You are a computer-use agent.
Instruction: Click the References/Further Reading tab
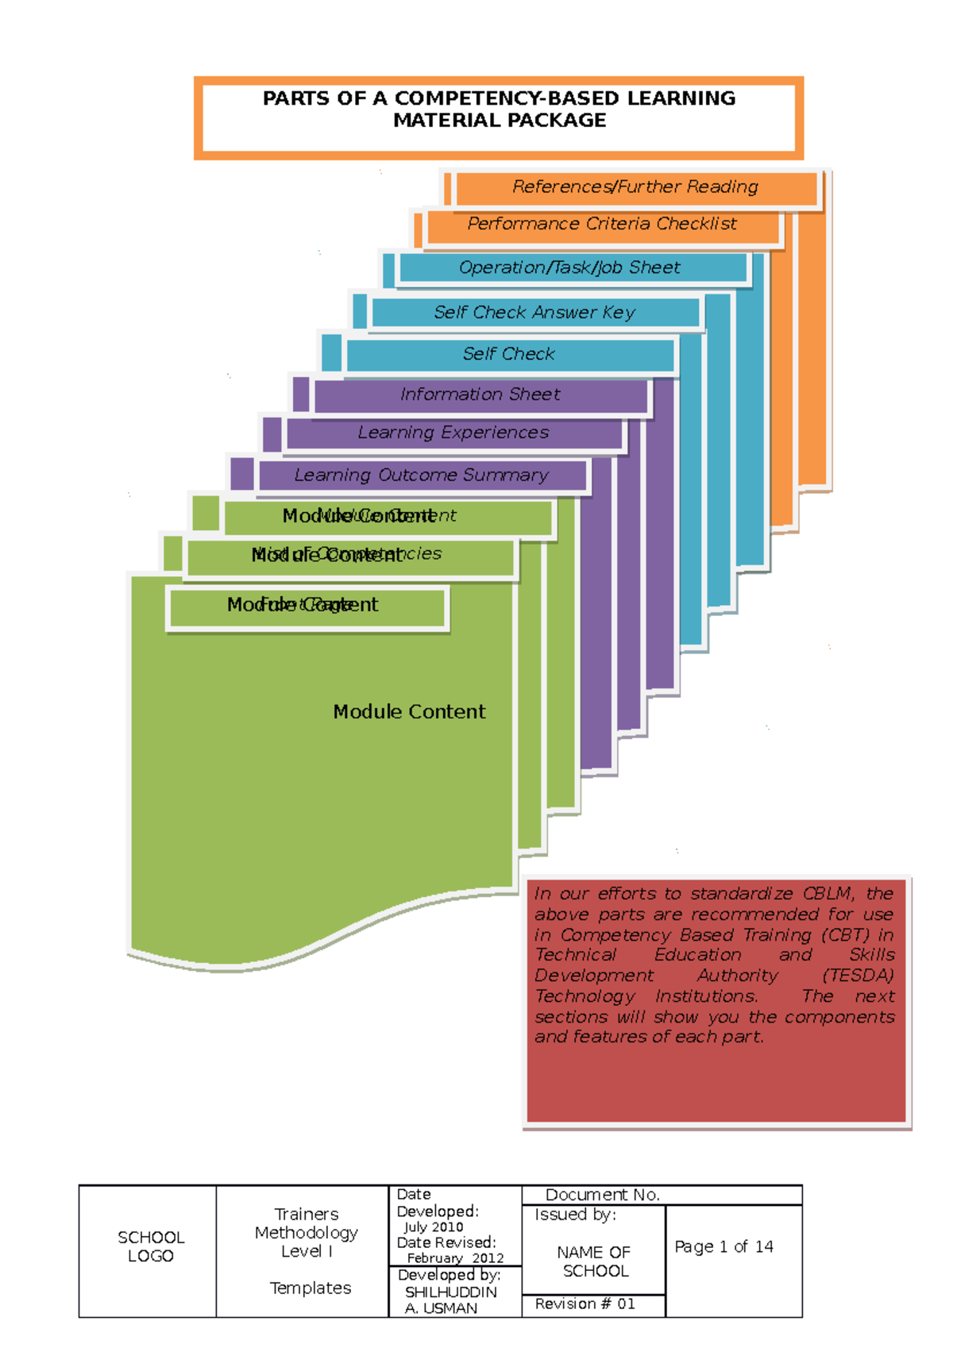pyautogui.click(x=635, y=187)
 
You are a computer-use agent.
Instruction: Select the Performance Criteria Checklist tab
pyautogui.click(x=602, y=225)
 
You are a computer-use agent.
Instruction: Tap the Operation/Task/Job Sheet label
pyautogui.click(x=569, y=268)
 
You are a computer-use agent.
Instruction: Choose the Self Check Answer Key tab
pyautogui.click(x=534, y=313)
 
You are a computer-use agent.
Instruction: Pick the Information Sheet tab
pyautogui.click(x=480, y=395)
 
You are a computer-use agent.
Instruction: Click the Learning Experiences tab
pyautogui.click(x=453, y=433)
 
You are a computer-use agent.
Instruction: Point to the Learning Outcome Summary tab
pyautogui.click(x=421, y=476)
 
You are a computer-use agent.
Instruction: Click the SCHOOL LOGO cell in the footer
pyautogui.click(x=150, y=1246)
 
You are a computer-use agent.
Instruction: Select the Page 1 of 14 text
pyautogui.click(x=723, y=1246)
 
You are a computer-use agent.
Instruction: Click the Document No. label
pyautogui.click(x=602, y=1195)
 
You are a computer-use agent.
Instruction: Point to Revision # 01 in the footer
pyautogui.click(x=585, y=1304)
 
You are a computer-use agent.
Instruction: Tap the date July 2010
pyautogui.click(x=434, y=1227)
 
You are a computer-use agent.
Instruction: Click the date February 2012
pyautogui.click(x=455, y=1258)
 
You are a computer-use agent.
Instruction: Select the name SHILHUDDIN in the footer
pyautogui.click(x=450, y=1292)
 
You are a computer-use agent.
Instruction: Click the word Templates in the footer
pyautogui.click(x=310, y=1288)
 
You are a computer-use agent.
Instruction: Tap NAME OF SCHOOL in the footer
pyautogui.click(x=594, y=1261)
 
